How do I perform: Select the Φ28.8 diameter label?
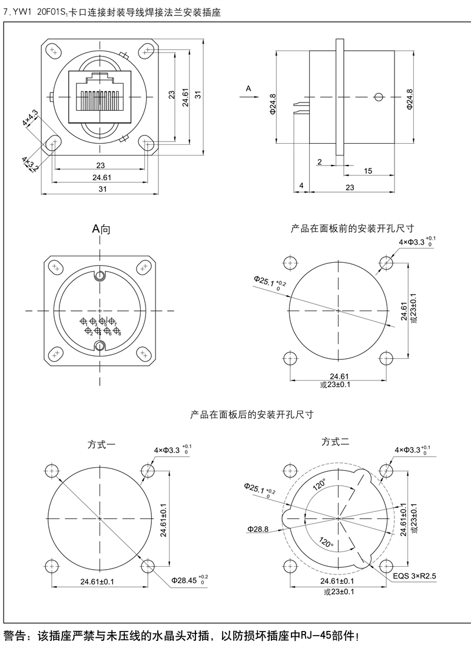(258, 529)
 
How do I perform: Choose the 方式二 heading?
(336, 441)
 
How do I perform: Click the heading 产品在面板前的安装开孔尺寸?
(352, 228)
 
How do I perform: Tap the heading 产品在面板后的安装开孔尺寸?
(251, 415)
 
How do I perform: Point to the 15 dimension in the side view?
(368, 171)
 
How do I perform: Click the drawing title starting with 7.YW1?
(112, 12)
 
